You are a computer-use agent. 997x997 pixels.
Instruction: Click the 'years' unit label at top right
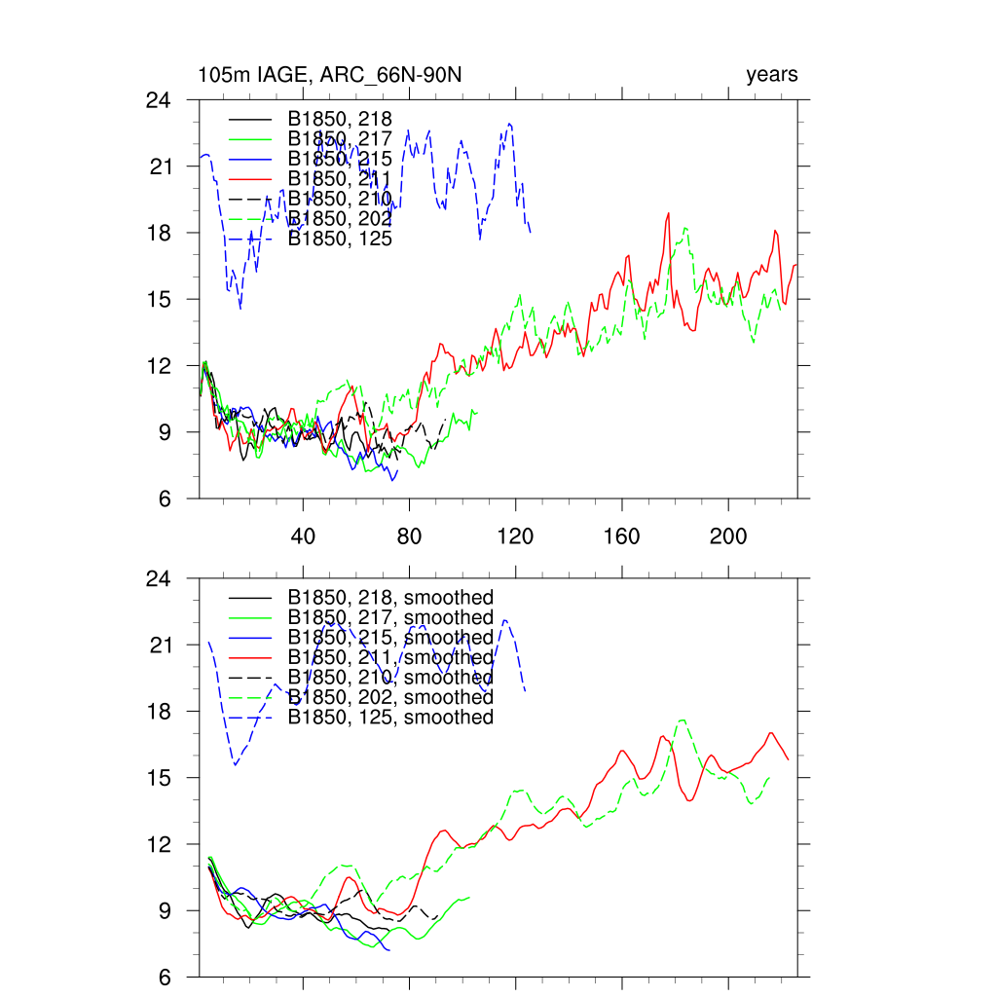[x=772, y=75]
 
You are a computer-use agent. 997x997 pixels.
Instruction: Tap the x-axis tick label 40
[x=303, y=537]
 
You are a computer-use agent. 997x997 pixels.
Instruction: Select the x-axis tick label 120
[x=515, y=537]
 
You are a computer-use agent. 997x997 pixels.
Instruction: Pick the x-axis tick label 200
[x=727, y=537]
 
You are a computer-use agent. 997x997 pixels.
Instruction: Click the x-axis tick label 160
[x=621, y=537]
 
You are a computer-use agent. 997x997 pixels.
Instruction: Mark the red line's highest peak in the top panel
[x=669, y=213]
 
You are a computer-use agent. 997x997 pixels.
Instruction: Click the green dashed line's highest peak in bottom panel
[x=683, y=720]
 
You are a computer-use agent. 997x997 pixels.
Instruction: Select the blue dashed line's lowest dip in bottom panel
[x=235, y=765]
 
